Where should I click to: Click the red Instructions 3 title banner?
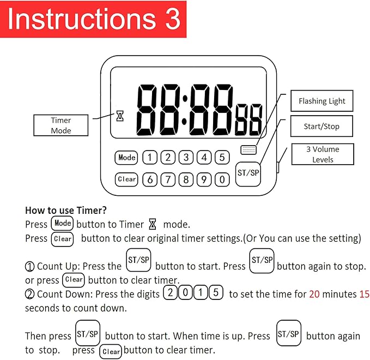(x=93, y=19)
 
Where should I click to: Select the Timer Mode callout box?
(x=61, y=125)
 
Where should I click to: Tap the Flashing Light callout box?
(x=322, y=101)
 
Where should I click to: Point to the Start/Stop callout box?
(x=322, y=127)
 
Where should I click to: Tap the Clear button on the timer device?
(x=127, y=179)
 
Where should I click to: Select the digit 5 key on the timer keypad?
(x=222, y=158)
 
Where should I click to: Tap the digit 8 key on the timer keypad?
(x=186, y=179)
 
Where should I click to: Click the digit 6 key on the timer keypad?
(x=150, y=179)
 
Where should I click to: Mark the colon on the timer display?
(x=184, y=111)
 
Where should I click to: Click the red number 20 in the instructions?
(x=314, y=294)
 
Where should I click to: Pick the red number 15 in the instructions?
(x=364, y=294)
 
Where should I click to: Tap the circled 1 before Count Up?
(x=30, y=267)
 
